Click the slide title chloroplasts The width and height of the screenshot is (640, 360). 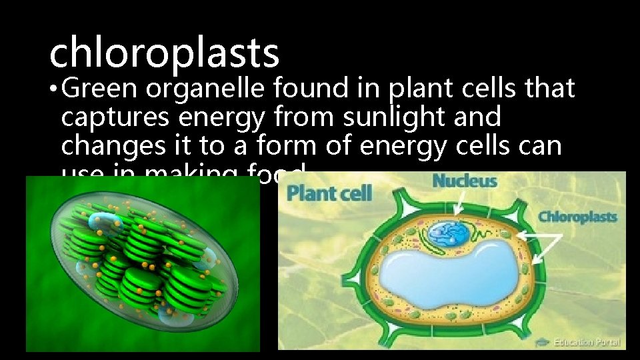pos(164,53)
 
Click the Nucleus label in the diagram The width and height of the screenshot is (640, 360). pos(465,180)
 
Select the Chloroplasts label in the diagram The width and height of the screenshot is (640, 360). pos(577,217)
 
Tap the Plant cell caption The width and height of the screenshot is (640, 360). pos(329,195)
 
